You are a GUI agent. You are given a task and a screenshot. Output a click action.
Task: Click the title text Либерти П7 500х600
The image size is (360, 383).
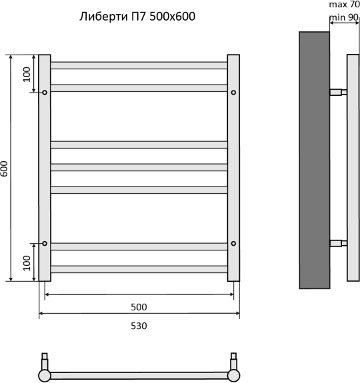[x=137, y=17]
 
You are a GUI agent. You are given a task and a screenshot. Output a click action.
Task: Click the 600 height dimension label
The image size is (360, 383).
[x=4, y=169]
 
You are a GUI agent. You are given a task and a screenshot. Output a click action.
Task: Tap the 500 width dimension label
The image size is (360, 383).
[x=139, y=307]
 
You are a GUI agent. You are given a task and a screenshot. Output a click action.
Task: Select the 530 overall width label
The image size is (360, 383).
[x=139, y=326]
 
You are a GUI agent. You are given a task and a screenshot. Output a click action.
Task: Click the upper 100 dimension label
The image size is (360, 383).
[x=27, y=75]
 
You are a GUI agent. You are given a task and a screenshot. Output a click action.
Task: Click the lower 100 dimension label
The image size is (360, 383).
[x=27, y=263]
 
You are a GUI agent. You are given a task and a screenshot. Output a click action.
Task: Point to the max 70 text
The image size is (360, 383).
[x=345, y=5]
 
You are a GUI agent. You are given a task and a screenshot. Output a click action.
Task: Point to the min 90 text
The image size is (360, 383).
[x=344, y=17]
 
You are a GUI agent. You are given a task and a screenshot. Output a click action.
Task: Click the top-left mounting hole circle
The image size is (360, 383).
[x=45, y=93]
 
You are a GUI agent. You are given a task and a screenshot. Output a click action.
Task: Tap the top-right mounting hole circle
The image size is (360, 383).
[x=233, y=93]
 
